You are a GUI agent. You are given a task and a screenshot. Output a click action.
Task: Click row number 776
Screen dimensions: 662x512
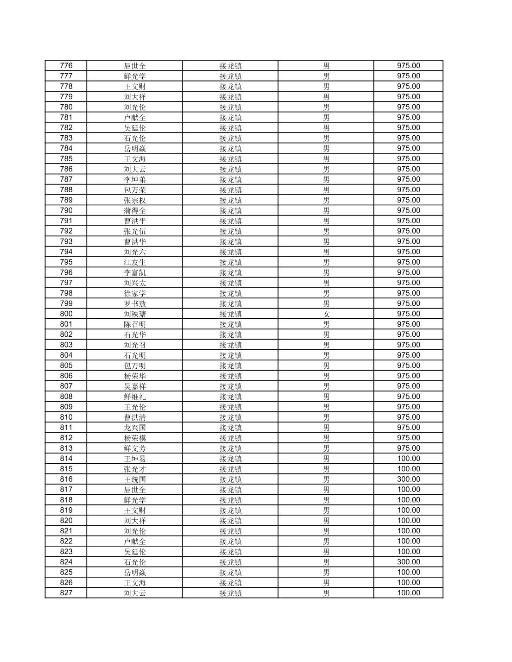(x=66, y=66)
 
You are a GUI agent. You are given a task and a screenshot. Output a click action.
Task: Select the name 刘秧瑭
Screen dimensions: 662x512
(x=135, y=314)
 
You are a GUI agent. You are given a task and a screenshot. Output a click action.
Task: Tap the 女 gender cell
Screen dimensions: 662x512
(x=326, y=314)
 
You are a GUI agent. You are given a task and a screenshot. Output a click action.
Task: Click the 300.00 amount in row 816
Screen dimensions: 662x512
(x=408, y=479)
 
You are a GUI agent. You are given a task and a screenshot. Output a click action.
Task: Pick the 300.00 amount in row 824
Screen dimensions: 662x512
(x=408, y=562)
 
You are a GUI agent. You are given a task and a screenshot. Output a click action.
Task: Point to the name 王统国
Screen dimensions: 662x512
(x=135, y=479)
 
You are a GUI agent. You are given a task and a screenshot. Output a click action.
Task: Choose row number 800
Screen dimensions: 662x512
(x=66, y=314)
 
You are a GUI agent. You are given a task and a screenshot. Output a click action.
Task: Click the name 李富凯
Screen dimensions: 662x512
(x=135, y=273)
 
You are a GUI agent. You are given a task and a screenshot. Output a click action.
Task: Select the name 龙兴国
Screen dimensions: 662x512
(x=135, y=428)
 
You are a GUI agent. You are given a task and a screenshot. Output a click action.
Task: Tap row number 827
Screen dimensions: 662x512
(x=66, y=593)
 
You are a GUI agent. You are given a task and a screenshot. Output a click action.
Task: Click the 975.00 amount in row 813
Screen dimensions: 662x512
(x=408, y=448)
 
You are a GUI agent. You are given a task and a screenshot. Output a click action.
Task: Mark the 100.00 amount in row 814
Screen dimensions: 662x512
(x=408, y=459)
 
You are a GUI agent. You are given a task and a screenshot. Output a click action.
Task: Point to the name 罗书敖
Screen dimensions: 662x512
(x=135, y=304)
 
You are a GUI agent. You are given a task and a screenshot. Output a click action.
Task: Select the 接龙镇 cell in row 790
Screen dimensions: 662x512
(x=230, y=211)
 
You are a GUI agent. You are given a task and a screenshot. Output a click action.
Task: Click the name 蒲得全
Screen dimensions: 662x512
(x=135, y=211)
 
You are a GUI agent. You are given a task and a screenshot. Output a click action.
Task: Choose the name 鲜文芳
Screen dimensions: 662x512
(x=135, y=448)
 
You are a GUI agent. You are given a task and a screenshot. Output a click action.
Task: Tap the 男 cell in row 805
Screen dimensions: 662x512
(x=326, y=366)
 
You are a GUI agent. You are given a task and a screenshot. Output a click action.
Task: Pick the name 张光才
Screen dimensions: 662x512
(x=135, y=469)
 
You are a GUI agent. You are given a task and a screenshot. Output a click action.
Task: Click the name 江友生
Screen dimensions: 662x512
(x=135, y=262)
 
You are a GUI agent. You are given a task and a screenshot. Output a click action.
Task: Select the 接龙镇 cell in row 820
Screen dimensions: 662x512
(x=230, y=521)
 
